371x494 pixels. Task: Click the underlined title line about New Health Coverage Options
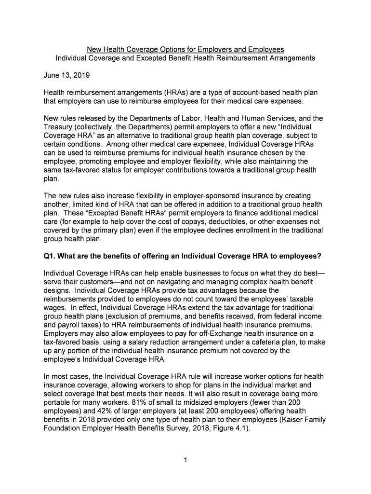(185, 50)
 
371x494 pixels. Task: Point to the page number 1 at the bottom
(185, 460)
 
